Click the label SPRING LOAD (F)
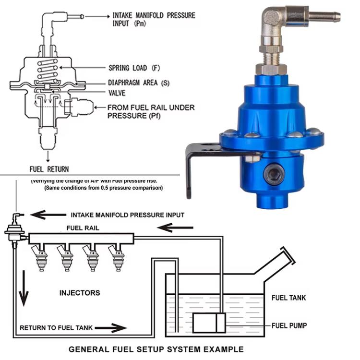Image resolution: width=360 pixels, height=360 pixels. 134,68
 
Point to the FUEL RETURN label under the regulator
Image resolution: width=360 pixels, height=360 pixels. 49,169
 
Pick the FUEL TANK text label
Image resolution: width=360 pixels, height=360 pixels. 288,298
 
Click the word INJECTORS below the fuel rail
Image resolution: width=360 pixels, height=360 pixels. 80,292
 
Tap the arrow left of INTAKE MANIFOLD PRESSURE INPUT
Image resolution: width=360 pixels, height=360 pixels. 48,215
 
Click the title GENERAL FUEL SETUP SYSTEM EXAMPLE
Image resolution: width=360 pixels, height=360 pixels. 156,349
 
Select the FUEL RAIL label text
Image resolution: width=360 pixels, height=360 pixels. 83,228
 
